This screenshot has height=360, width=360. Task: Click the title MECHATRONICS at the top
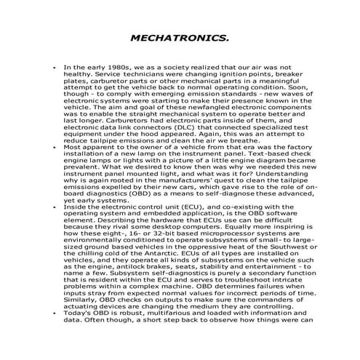(180, 36)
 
